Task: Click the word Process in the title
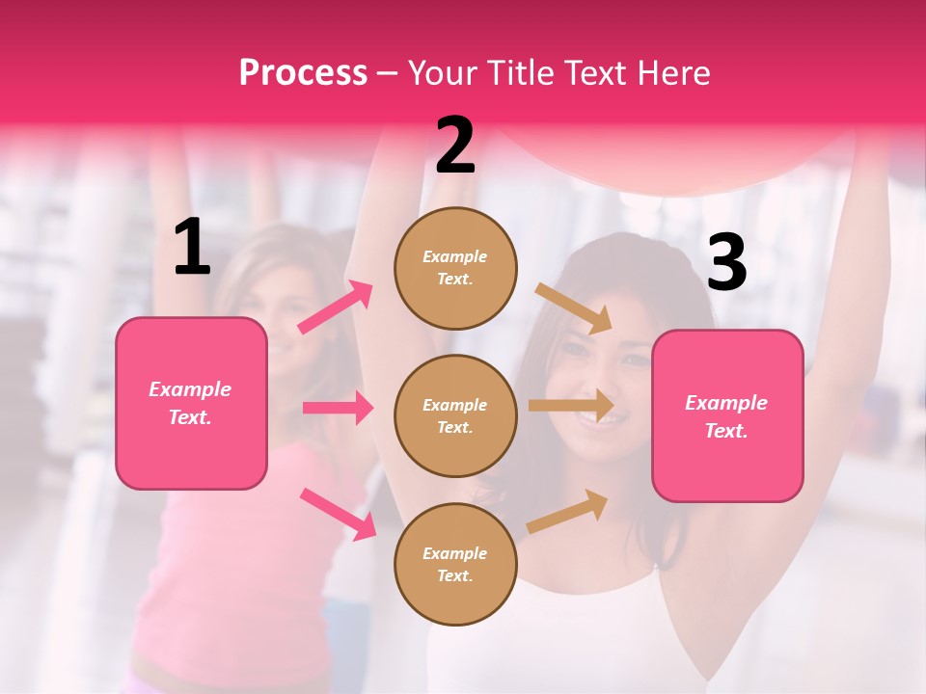tap(303, 73)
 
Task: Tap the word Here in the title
tap(670, 73)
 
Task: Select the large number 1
tap(192, 248)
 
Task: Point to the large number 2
tap(455, 147)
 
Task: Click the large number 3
tap(726, 263)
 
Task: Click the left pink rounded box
tap(191, 403)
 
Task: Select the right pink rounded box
tap(727, 416)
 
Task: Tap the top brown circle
tap(455, 267)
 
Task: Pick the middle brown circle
tap(455, 415)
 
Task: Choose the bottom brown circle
tap(455, 564)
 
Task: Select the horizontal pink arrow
tap(338, 408)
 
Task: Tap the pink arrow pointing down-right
tap(338, 514)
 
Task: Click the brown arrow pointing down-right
tap(573, 307)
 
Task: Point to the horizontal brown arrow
tap(571, 406)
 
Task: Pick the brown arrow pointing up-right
tap(567, 512)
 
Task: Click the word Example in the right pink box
tap(726, 403)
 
